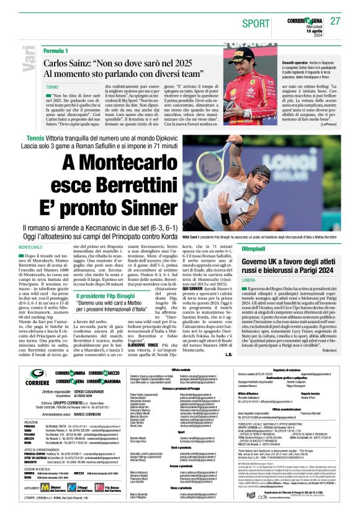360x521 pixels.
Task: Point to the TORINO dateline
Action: coord(52,87)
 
